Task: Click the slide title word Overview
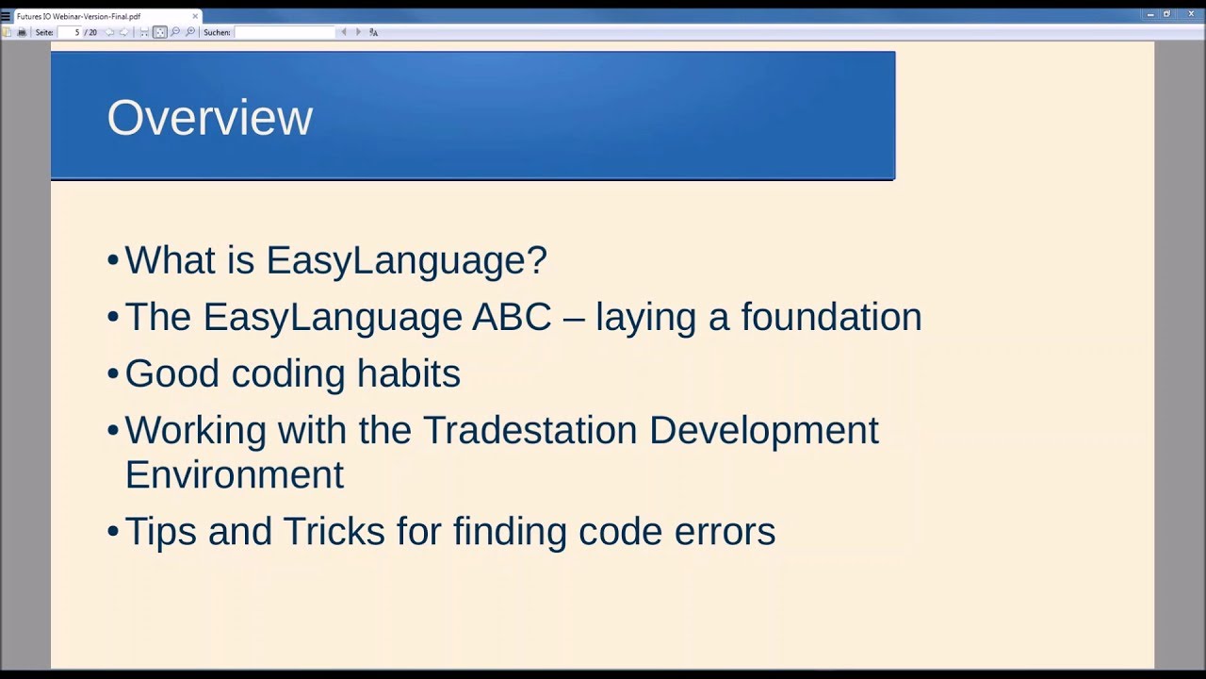click(x=210, y=118)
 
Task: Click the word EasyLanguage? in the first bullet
click(x=407, y=261)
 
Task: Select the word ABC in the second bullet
click(x=512, y=317)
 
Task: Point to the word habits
click(x=409, y=373)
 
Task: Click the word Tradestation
click(x=530, y=430)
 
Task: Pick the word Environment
click(x=235, y=474)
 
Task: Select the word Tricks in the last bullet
click(x=334, y=531)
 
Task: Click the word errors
click(x=725, y=533)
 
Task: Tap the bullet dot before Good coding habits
click(x=113, y=373)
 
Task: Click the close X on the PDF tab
click(x=195, y=16)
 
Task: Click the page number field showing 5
click(x=70, y=32)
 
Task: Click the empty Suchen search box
click(x=285, y=32)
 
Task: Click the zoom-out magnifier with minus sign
click(x=175, y=32)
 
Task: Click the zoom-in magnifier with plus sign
click(x=190, y=32)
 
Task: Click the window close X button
click(x=1191, y=14)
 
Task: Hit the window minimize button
click(x=1150, y=14)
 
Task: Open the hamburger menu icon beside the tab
click(x=6, y=16)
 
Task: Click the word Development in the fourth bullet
click(x=764, y=431)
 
